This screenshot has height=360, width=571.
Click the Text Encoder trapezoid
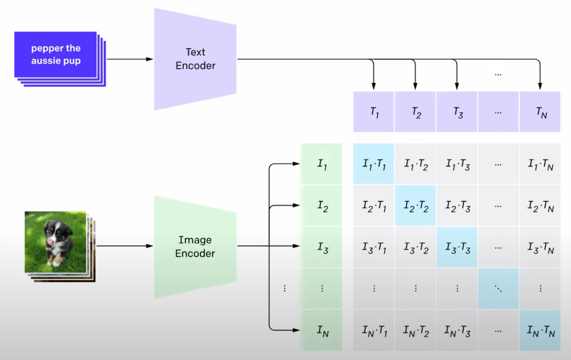(x=195, y=59)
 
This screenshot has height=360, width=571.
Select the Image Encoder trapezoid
(x=195, y=247)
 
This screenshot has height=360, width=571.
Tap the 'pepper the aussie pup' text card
(x=56, y=55)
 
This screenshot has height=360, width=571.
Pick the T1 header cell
(x=374, y=112)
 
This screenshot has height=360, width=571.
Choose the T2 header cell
(x=415, y=112)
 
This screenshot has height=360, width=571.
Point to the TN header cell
(x=540, y=112)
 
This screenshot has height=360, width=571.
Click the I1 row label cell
(x=322, y=163)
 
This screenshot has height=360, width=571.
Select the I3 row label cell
(x=322, y=247)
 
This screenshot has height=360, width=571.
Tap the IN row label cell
(x=322, y=330)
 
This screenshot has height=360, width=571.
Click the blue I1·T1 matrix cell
(x=374, y=163)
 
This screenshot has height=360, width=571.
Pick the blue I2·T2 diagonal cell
(x=415, y=205)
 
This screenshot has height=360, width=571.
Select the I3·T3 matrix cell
(x=457, y=247)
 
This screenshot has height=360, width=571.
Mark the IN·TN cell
(x=540, y=330)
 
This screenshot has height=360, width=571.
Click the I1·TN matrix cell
(x=540, y=163)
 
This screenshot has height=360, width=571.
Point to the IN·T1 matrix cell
(x=374, y=330)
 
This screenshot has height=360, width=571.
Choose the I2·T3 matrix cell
(x=457, y=205)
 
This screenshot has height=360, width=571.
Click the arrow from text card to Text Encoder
(x=130, y=59)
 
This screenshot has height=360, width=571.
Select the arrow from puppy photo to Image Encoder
(x=124, y=246)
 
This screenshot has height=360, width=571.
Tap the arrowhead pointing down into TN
(x=540, y=86)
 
